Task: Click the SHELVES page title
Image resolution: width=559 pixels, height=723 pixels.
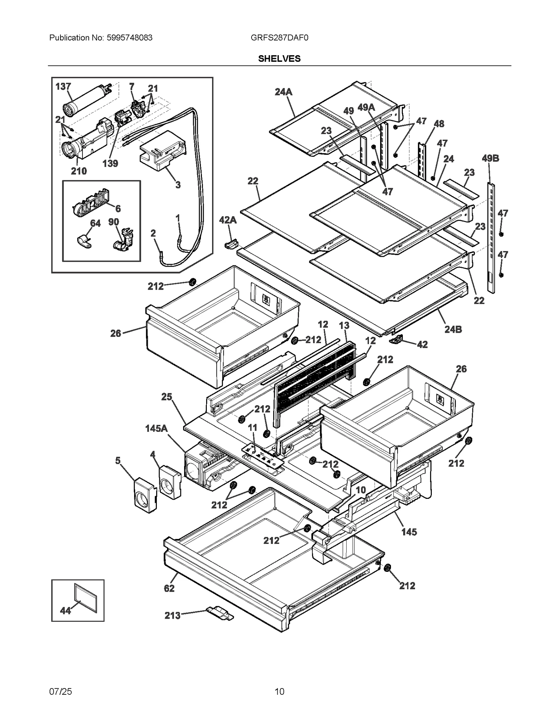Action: [279, 59]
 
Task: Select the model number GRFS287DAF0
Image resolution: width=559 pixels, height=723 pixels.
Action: [279, 38]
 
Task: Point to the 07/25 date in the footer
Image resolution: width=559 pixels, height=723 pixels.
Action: [60, 691]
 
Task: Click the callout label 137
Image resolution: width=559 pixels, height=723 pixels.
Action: [63, 86]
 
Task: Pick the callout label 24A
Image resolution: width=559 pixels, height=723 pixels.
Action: [283, 92]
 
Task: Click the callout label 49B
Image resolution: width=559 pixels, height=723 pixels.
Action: [490, 158]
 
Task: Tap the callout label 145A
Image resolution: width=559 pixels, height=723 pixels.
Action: [156, 428]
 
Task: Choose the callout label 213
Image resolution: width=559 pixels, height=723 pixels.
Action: [173, 615]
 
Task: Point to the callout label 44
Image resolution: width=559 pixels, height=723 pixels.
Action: [65, 610]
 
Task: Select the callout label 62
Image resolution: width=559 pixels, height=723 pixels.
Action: [169, 588]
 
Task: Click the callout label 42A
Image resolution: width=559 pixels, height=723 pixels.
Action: [228, 220]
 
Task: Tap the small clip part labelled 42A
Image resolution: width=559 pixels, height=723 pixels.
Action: [231, 243]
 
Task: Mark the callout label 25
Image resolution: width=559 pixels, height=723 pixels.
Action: [167, 397]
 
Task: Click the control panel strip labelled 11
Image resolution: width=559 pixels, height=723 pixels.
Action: [263, 456]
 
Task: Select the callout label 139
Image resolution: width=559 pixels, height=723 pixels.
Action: [110, 163]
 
